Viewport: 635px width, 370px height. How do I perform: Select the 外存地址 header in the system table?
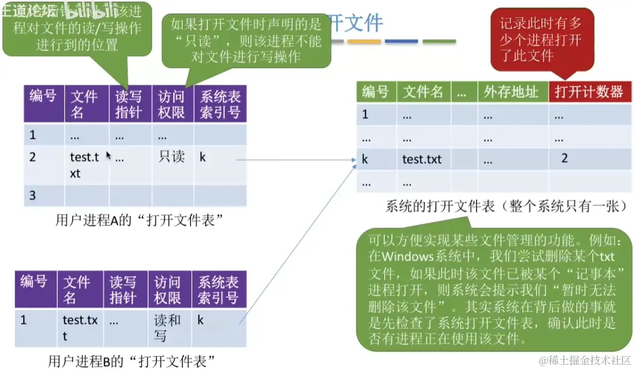tap(511, 92)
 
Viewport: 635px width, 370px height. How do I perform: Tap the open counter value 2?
tap(564, 158)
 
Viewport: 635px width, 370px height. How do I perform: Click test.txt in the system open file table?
tap(422, 160)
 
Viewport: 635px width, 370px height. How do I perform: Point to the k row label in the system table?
tap(365, 159)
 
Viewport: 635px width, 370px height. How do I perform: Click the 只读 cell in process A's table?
tap(171, 157)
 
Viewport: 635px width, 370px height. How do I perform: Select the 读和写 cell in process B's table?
tap(168, 327)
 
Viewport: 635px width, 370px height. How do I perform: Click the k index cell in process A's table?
tap(203, 157)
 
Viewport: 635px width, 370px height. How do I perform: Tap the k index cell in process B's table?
tap(200, 320)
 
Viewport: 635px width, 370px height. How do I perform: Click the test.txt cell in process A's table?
tap(85, 164)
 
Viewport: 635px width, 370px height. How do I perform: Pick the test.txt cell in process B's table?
tap(80, 327)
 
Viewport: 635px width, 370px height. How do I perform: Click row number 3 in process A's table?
tap(33, 195)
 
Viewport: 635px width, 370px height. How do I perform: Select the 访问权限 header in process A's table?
tap(171, 105)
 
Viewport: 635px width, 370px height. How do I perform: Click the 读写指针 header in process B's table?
tap(123, 290)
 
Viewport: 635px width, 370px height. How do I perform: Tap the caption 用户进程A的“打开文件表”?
tap(139, 220)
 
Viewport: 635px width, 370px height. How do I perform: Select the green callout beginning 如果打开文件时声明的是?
tap(246, 40)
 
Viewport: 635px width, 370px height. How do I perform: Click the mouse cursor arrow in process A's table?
tap(108, 155)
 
